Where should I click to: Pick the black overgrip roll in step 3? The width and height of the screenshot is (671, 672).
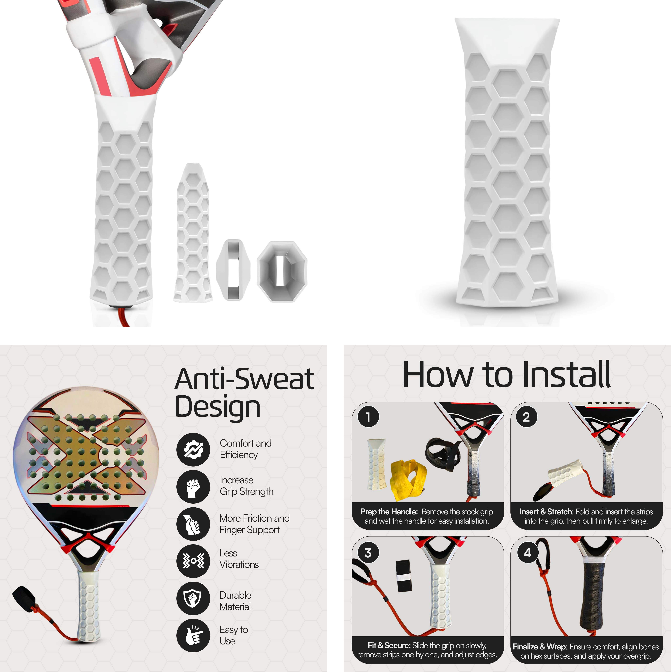pos(404,576)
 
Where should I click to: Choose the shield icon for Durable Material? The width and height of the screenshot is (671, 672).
pos(193,598)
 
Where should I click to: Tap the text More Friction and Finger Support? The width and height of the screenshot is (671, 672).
pos(254,524)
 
